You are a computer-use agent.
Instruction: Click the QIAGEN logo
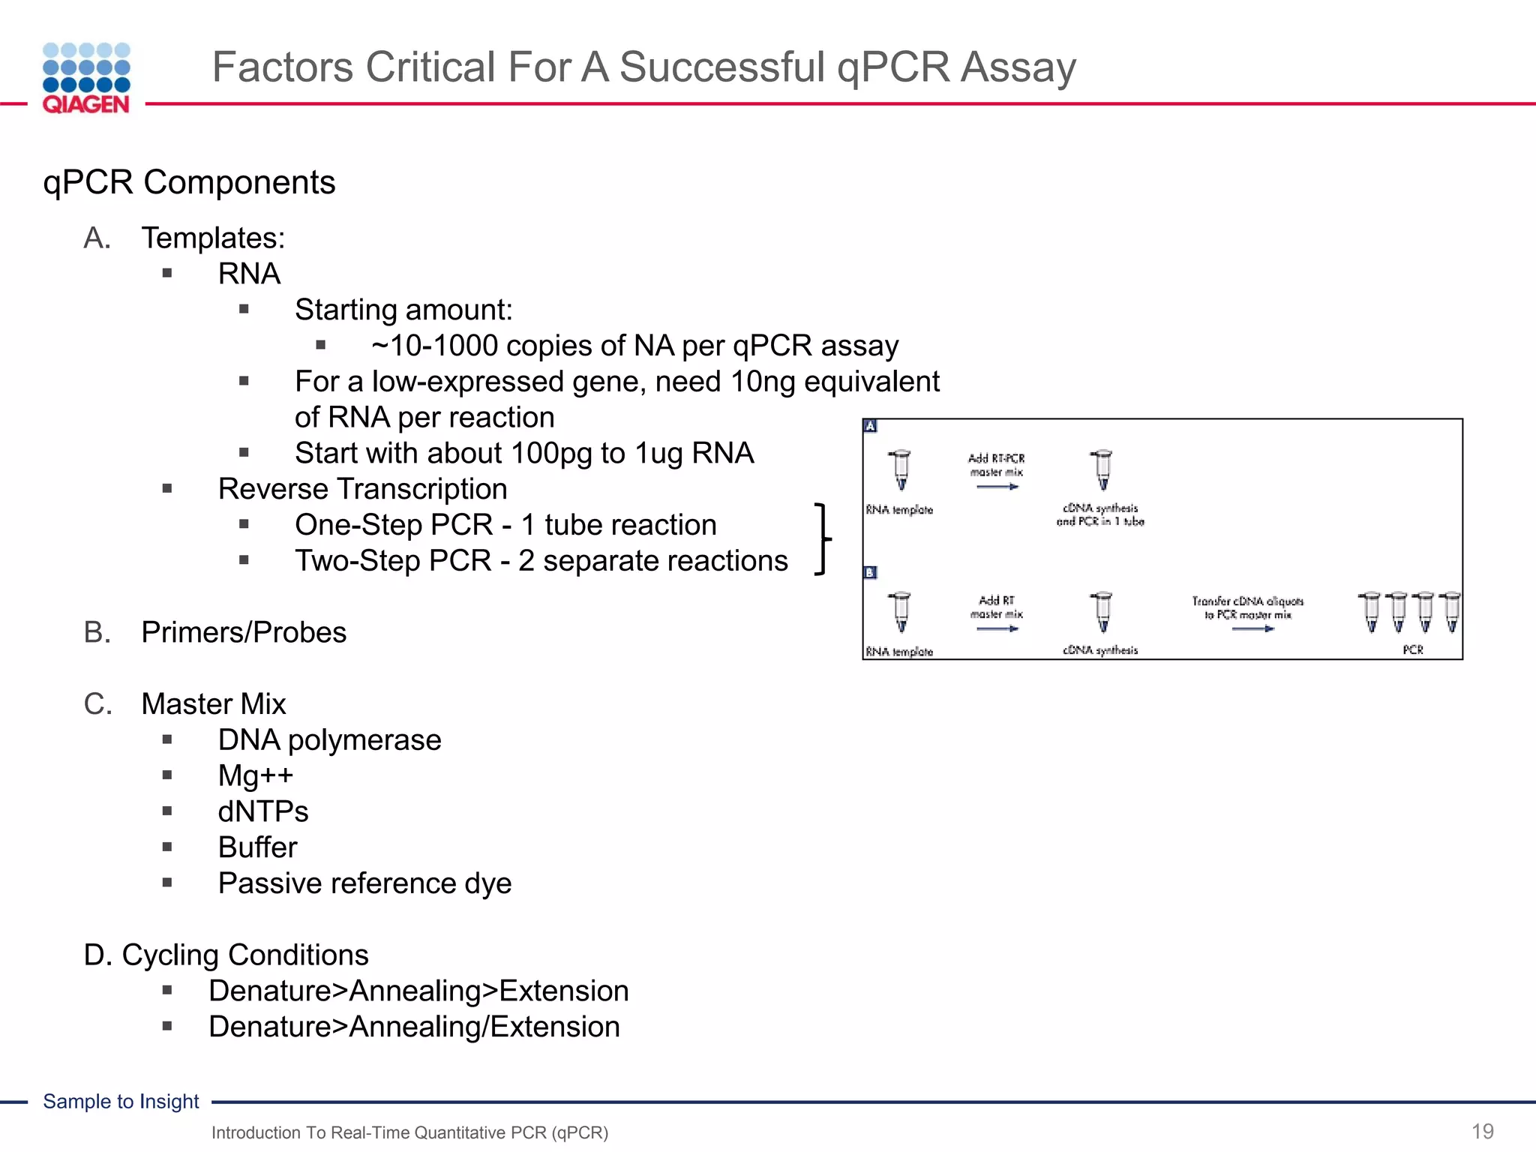tap(86, 79)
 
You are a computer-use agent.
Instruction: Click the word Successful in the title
tap(722, 67)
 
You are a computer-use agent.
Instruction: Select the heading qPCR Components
tap(189, 182)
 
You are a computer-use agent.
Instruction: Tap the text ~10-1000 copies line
tap(634, 346)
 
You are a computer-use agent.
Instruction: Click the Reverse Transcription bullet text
tap(362, 489)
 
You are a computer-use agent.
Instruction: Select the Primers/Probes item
tap(243, 632)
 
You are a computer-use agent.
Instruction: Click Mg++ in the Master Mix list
tap(255, 775)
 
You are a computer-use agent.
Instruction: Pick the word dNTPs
tap(262, 811)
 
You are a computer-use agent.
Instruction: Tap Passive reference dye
tap(364, 883)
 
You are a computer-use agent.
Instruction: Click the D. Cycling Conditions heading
tap(226, 955)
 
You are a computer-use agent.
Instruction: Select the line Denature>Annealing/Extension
tap(414, 1027)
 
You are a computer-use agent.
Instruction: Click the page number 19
tap(1482, 1131)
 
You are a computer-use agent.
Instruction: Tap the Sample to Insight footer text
tap(121, 1101)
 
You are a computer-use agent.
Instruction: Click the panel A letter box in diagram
tap(870, 426)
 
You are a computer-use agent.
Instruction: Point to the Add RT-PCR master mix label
tap(996, 465)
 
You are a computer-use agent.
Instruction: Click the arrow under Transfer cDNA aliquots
tap(1252, 628)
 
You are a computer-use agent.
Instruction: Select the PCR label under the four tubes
tap(1413, 649)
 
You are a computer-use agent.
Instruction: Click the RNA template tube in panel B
tap(901, 612)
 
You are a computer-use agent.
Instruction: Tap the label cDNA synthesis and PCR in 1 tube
tap(1100, 514)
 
